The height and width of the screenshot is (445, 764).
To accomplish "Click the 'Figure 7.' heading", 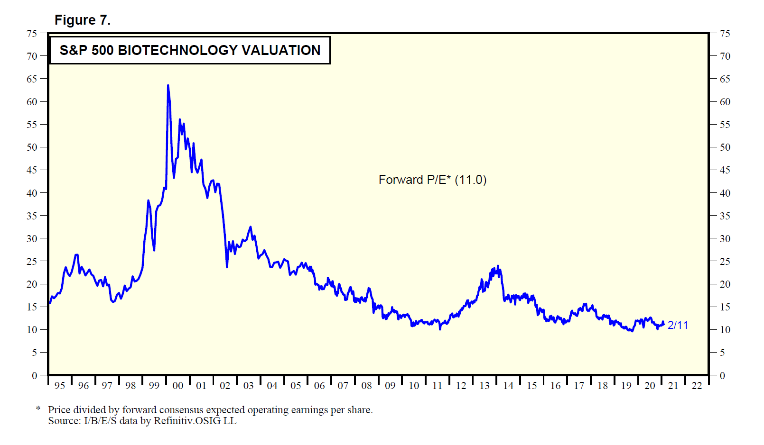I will tap(83, 20).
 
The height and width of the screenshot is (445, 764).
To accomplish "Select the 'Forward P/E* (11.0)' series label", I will tap(432, 180).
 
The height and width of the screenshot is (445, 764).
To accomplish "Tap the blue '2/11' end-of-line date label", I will tap(677, 325).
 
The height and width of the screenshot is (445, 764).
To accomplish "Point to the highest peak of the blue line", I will tap(168, 86).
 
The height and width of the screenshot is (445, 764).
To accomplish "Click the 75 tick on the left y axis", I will tap(32, 33).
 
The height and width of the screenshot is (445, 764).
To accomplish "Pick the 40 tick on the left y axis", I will tap(32, 193).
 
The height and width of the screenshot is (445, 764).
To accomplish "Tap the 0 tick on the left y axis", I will tap(34, 375).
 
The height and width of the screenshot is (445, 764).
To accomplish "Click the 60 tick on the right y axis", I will tap(725, 102).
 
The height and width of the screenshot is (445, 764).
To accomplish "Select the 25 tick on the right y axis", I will tap(725, 261).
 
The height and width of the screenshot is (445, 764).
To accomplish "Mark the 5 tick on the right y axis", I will tap(722, 353).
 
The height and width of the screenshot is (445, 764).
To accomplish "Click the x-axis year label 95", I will tap(60, 386).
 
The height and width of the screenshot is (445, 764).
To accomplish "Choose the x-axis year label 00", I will tap(178, 386).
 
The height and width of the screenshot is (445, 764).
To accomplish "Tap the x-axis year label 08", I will tap(366, 386).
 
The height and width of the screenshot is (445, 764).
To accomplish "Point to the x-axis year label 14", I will tap(508, 386).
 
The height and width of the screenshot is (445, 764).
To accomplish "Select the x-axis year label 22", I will tap(697, 386).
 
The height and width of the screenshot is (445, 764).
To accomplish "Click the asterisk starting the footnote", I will tap(38, 408).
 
